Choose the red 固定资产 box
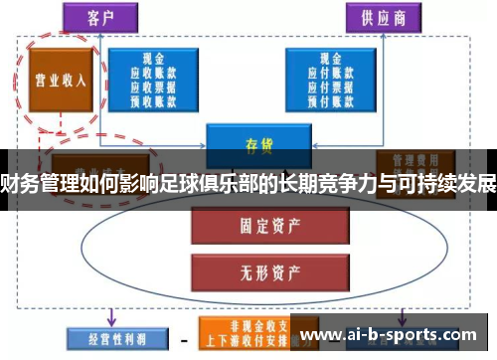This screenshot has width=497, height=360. (245, 226)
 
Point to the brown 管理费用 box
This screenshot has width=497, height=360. (408, 158)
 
